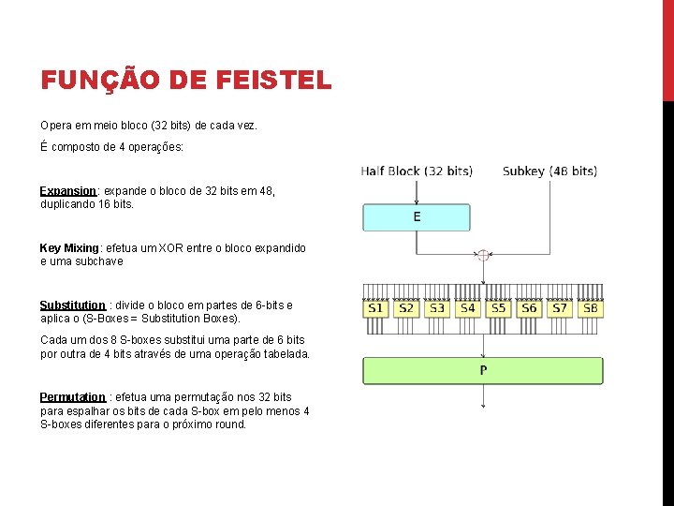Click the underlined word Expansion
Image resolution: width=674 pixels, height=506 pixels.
(69, 191)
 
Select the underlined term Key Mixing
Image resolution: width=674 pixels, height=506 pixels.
(69, 248)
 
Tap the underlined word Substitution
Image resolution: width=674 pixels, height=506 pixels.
(72, 305)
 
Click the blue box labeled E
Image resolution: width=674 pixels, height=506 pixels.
(417, 217)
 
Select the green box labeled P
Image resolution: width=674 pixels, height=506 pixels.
(482, 370)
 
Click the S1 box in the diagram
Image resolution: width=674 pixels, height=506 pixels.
(375, 307)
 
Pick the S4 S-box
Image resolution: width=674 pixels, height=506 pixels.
(467, 307)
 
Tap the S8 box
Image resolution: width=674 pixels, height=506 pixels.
(590, 307)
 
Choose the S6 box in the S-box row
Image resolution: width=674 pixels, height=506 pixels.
(529, 307)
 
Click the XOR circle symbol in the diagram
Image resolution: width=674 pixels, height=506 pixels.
(482, 254)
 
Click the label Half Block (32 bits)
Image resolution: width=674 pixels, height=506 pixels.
(417, 171)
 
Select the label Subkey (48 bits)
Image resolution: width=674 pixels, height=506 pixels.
(549, 171)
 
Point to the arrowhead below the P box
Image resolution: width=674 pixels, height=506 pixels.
(482, 405)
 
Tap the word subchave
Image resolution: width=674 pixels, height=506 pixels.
(101, 261)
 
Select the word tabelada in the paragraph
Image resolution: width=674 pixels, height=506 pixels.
(285, 354)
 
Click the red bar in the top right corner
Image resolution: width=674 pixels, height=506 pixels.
(667, 47)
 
